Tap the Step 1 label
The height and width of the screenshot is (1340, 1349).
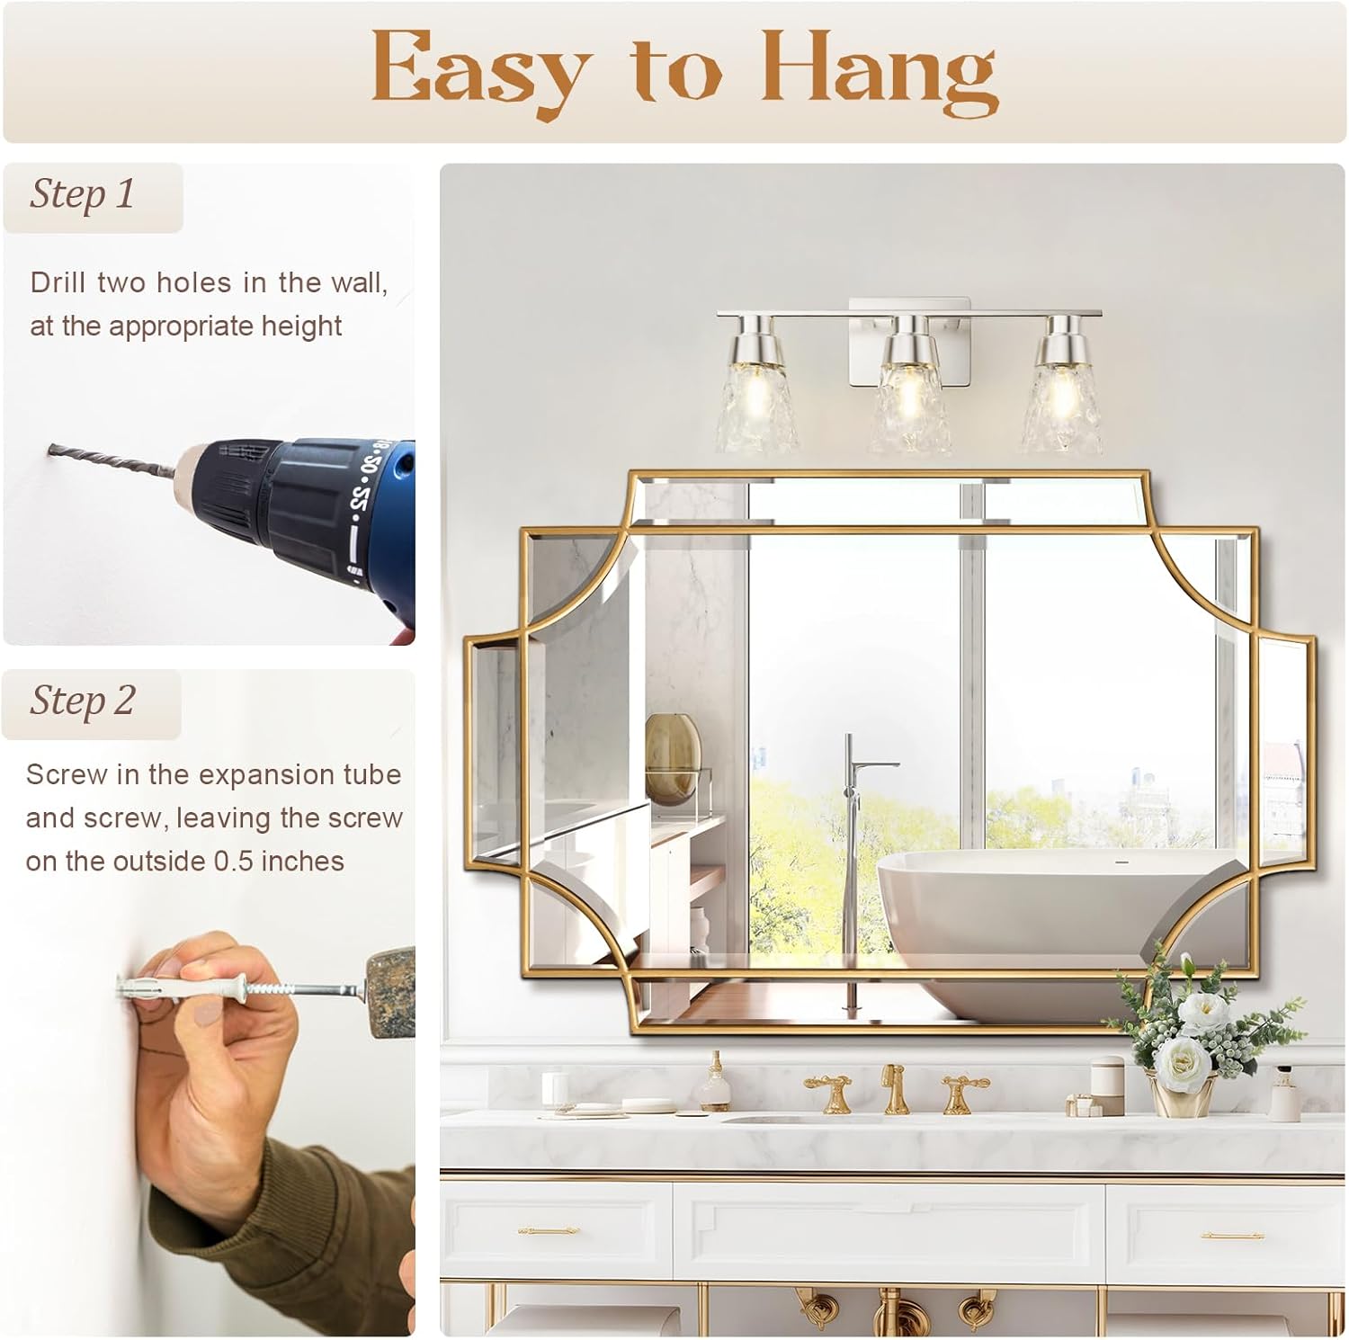[83, 194]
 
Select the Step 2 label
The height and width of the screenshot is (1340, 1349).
[83, 701]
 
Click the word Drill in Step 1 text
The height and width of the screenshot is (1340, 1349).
[58, 282]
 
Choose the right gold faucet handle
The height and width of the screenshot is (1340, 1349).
[961, 1091]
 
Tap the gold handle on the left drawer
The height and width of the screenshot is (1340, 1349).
[548, 1230]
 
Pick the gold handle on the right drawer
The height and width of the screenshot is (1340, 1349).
[1232, 1236]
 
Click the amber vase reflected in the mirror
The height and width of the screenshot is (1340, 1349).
[672, 751]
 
